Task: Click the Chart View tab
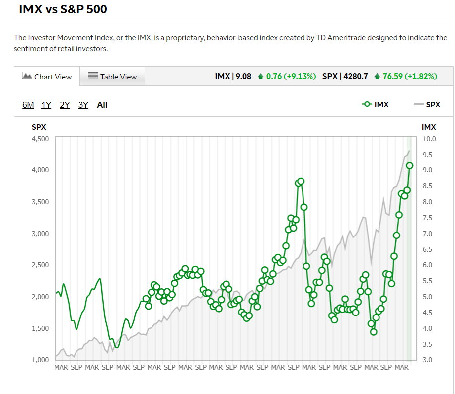[47, 77]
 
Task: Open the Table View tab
[112, 77]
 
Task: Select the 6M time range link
[28, 105]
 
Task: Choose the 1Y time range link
[46, 105]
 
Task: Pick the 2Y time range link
[65, 105]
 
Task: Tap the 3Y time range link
[83, 105]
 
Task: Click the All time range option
[102, 105]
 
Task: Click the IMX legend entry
[376, 104]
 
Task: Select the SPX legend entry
[427, 104]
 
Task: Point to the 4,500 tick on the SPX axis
[40, 139]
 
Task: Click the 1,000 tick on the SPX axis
[40, 360]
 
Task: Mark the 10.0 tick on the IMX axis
[429, 139]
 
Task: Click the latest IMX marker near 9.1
[410, 166]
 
